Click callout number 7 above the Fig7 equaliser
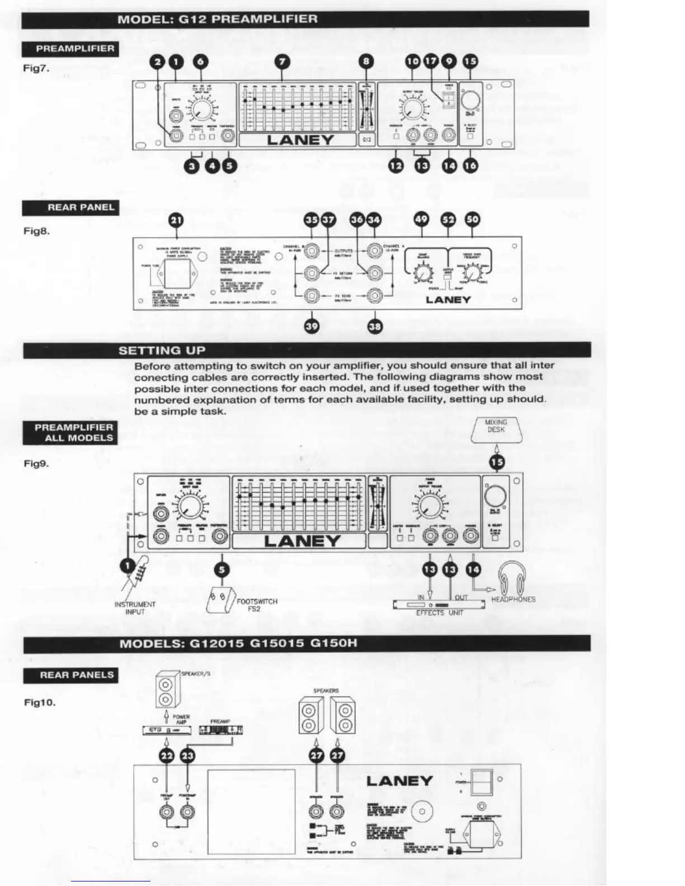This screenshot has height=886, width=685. coord(284,62)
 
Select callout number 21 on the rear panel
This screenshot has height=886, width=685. coord(176,220)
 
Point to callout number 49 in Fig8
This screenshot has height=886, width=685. coord(421,219)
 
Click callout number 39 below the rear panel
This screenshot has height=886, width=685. coord(312,326)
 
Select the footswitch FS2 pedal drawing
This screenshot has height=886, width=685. coord(220,601)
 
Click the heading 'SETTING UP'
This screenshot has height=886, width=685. coord(162,351)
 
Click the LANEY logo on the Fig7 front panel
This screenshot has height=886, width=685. coord(300,140)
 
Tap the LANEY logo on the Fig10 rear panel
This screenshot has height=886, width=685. coord(399,781)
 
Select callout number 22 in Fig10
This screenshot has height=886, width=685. coord(167,756)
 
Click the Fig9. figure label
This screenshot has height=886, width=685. coord(36,463)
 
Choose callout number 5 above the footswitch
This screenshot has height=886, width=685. coord(222,569)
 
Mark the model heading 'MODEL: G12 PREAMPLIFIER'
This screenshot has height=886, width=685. coord(217,19)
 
